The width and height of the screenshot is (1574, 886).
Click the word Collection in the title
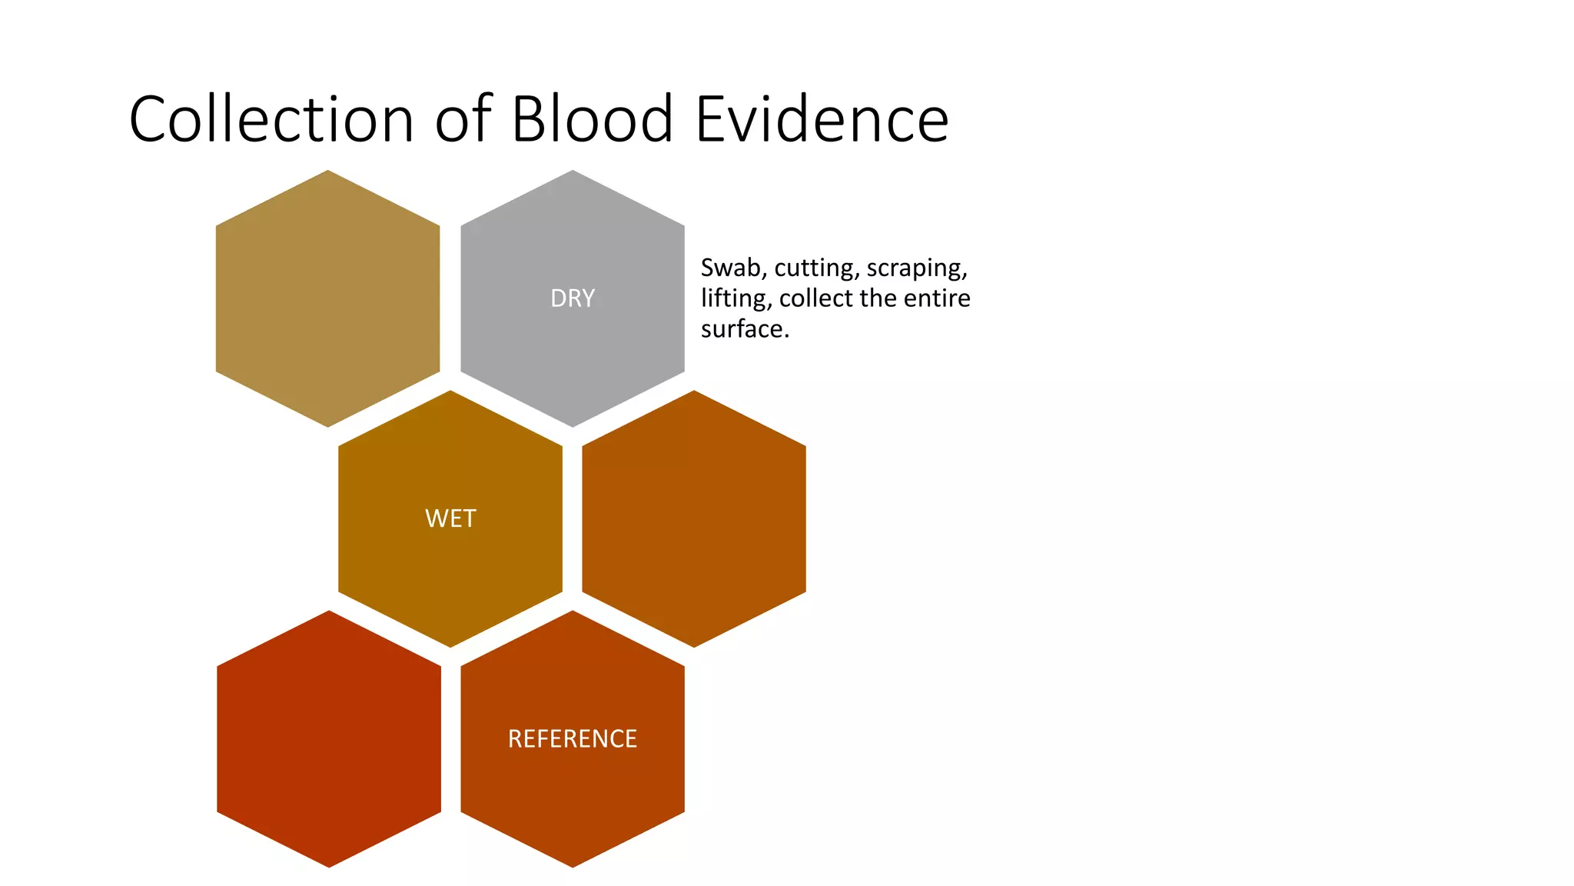pos(271,119)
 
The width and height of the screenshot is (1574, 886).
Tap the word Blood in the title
pos(592,119)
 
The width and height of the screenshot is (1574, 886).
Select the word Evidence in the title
pos(822,119)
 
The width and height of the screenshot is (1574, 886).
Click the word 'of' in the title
pos(463,119)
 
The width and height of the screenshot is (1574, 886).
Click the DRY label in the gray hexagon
pos(573,298)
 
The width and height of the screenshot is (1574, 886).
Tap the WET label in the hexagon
pos(450,518)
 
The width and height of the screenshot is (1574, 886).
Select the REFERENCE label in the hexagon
pos(573,739)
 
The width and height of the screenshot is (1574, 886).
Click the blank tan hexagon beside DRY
pos(328,298)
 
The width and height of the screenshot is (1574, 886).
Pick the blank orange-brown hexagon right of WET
pos(694,518)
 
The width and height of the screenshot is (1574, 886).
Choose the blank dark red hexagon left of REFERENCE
pos(329,739)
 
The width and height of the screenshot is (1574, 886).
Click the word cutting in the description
pos(816,268)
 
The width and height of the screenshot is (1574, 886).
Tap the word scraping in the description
pos(916,269)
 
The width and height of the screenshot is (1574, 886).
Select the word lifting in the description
pos(736,298)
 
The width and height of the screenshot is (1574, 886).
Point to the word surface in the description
pos(742,329)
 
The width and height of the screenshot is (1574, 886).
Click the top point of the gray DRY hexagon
pos(573,172)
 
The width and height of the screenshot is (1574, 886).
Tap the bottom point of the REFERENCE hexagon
pos(573,865)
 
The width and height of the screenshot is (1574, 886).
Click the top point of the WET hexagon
pos(450,392)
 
